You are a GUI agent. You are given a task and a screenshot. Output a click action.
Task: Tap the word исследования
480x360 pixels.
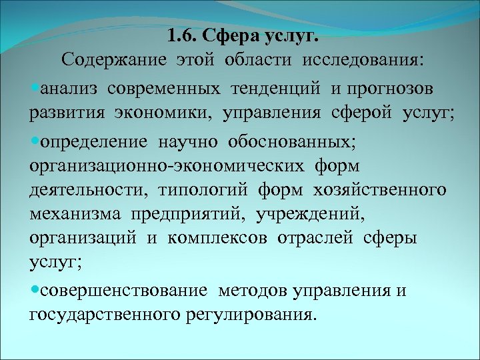click(362, 60)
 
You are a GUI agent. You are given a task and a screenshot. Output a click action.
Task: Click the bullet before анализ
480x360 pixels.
click(35, 88)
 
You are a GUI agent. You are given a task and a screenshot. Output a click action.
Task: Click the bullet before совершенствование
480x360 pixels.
click(35, 291)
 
